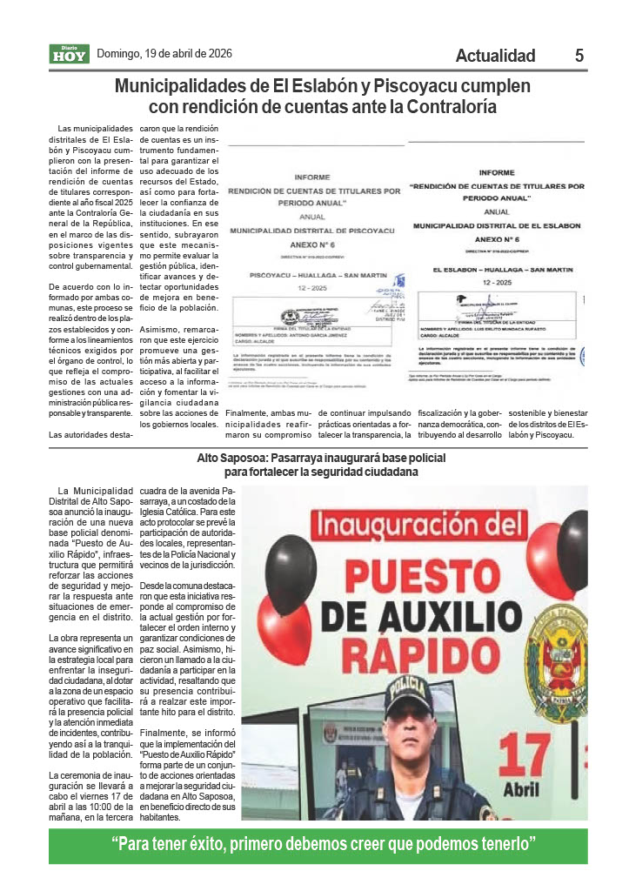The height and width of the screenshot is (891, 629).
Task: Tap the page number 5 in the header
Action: [x=579, y=56]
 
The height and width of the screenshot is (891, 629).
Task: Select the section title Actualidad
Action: [x=495, y=56]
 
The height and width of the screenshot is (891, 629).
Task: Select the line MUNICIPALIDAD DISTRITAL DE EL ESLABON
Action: [x=496, y=225]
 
